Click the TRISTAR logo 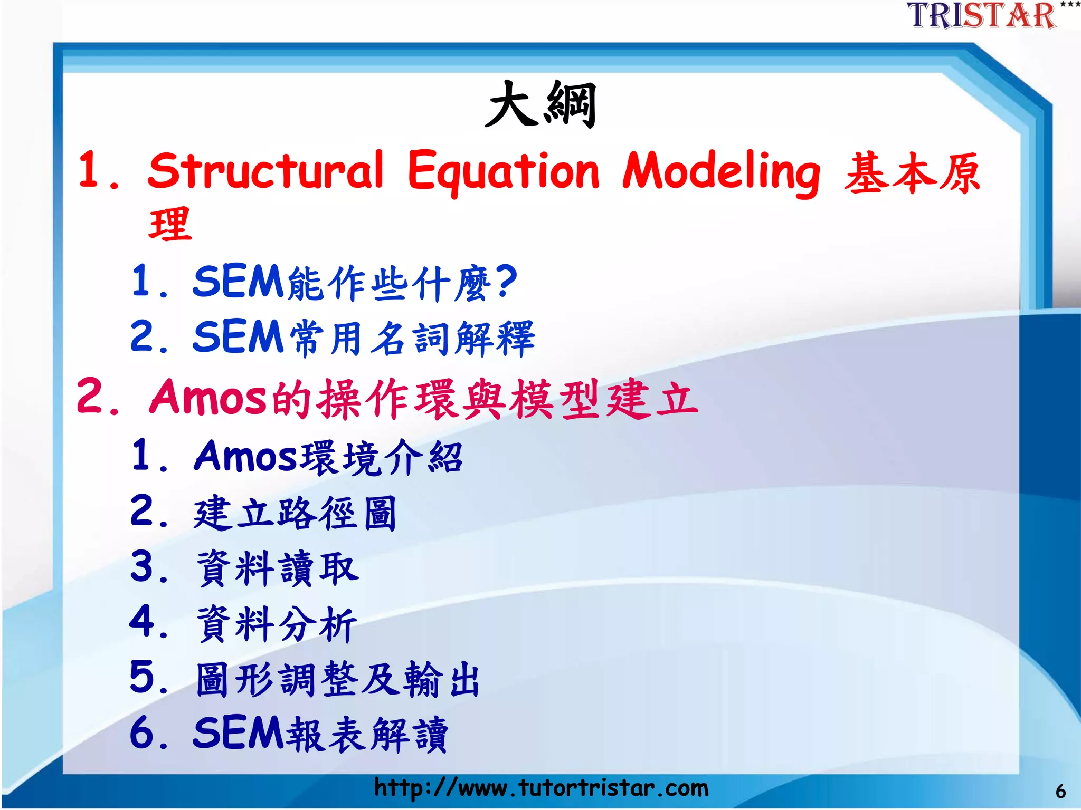(x=982, y=16)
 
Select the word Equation (x=504, y=171)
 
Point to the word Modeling (x=721, y=172)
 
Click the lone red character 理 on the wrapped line (x=170, y=225)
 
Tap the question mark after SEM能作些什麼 (x=507, y=281)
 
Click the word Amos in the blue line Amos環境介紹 (x=246, y=456)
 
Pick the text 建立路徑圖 (x=295, y=513)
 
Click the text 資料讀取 (x=278, y=568)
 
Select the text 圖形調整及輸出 (x=338, y=680)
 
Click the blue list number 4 (x=141, y=622)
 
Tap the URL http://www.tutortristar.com (x=540, y=788)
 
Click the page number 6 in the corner (x=1060, y=792)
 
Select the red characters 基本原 (x=912, y=173)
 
